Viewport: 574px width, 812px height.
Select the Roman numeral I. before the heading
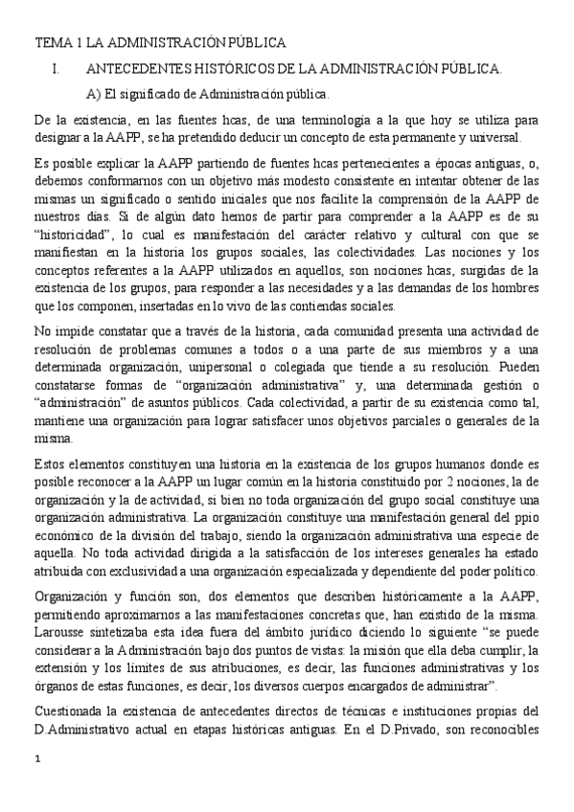pyautogui.click(x=56, y=69)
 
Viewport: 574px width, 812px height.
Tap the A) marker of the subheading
pyautogui.click(x=93, y=94)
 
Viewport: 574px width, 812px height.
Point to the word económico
pyautogui.click(x=64, y=537)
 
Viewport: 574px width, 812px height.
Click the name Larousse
pyautogui.click(x=63, y=632)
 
